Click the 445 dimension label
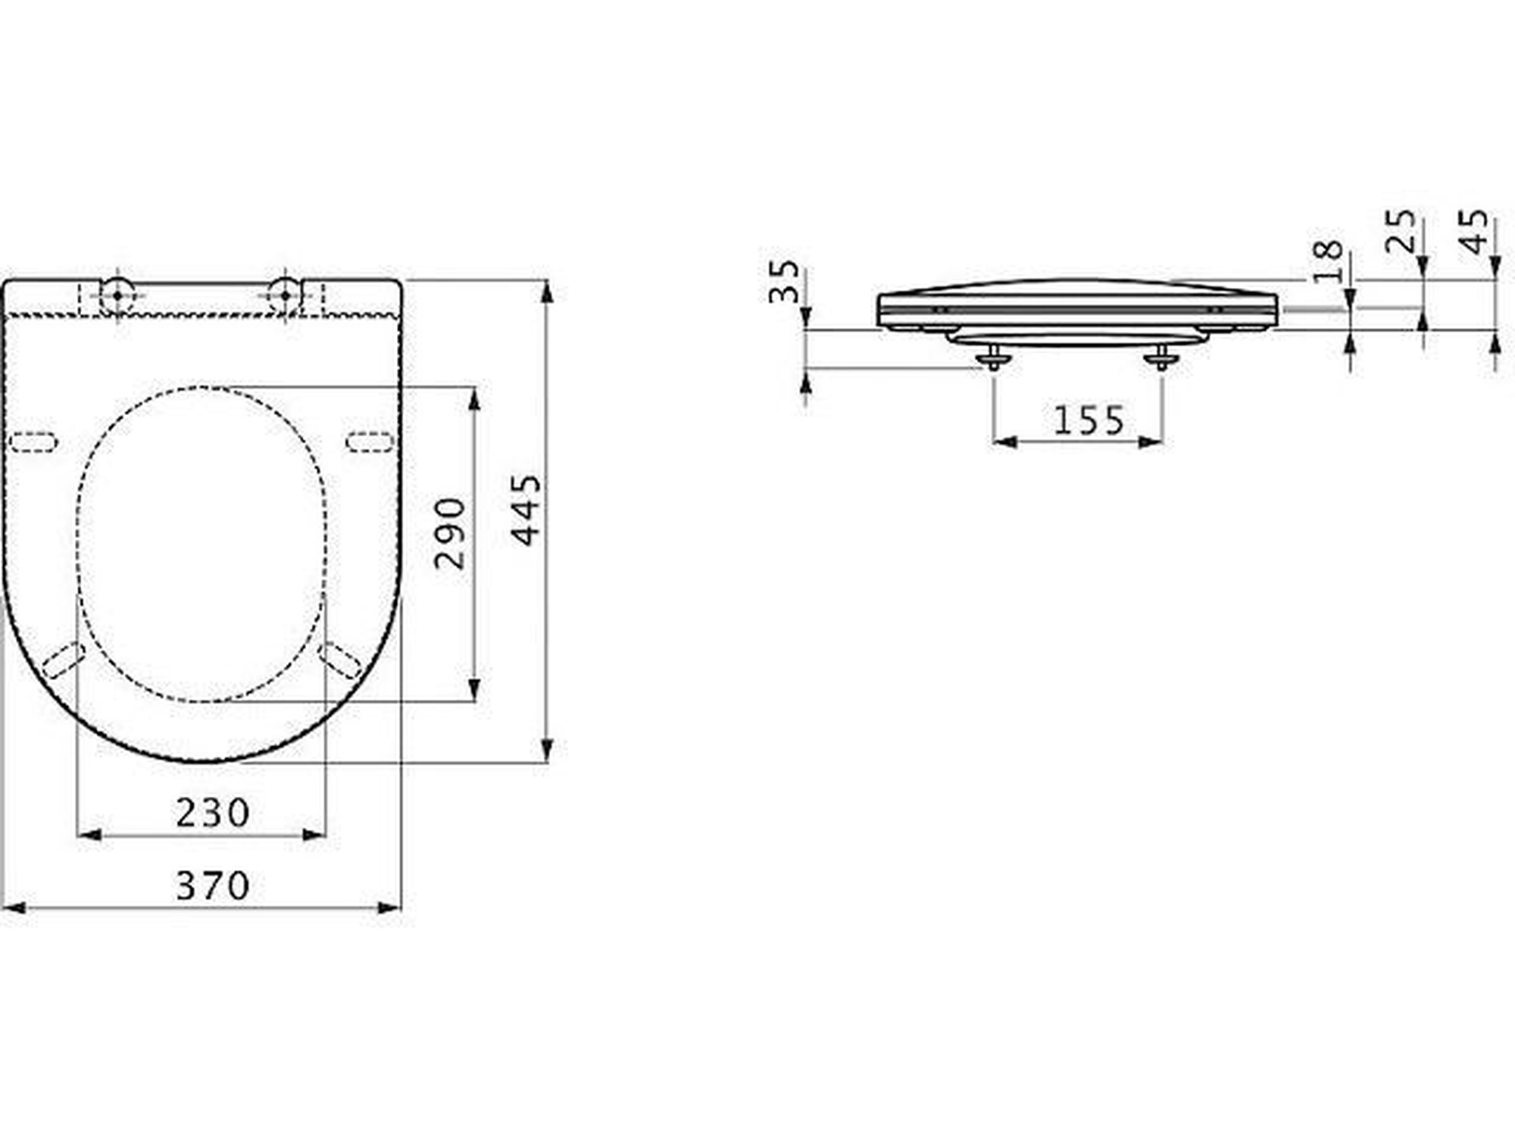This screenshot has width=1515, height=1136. click(x=526, y=510)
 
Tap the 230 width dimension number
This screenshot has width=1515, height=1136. click(x=213, y=813)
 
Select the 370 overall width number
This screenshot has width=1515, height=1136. click(x=213, y=885)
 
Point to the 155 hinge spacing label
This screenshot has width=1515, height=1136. click(x=1089, y=420)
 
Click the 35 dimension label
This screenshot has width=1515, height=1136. click(x=784, y=282)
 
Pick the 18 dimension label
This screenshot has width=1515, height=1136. click(x=1328, y=261)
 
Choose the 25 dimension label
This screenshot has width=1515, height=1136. click(x=1400, y=231)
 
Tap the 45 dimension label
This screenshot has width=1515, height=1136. click(x=1473, y=231)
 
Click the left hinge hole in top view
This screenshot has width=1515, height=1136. click(x=117, y=295)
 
